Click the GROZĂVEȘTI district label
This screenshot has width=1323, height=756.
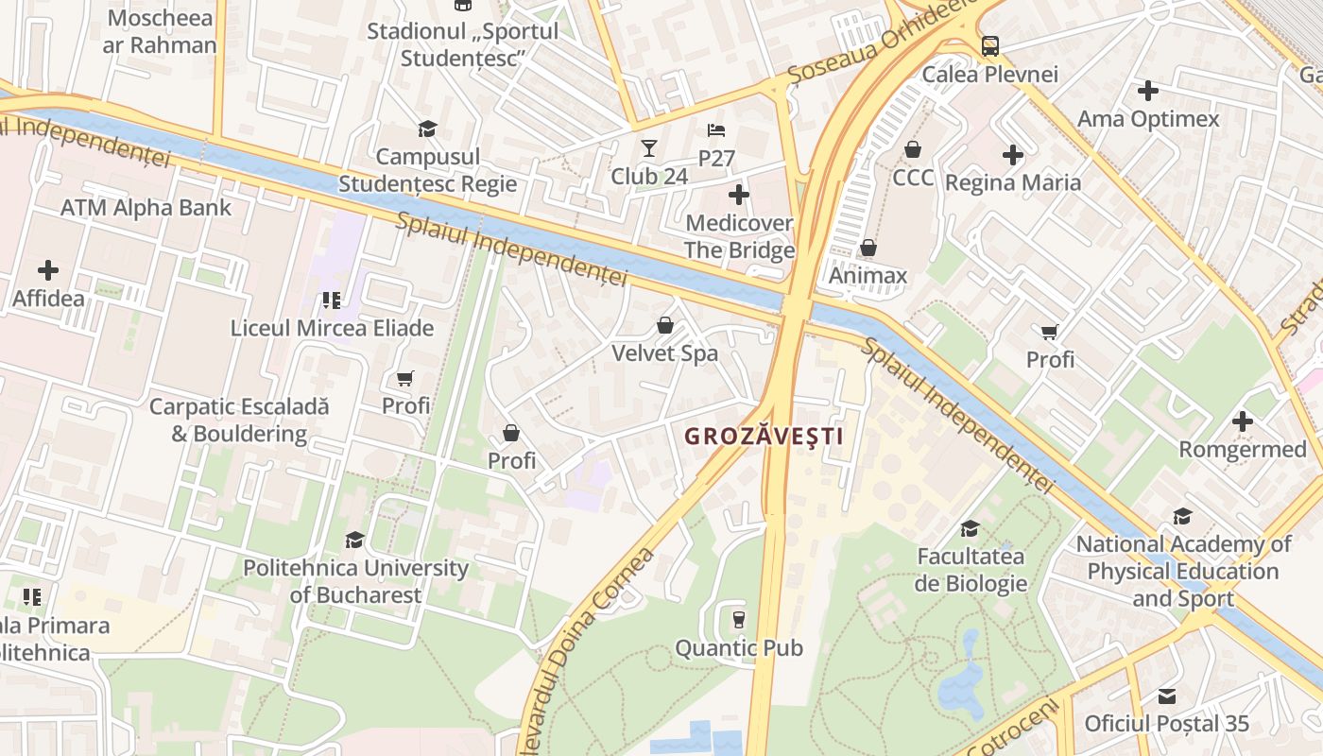764,437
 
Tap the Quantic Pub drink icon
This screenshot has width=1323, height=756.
739,619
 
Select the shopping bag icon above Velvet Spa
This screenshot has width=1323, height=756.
665,326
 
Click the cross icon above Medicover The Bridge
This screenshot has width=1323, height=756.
739,196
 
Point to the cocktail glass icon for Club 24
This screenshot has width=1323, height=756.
648,148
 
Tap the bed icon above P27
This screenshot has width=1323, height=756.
716,130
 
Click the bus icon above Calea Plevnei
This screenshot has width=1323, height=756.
989,45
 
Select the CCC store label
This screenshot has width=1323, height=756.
913,178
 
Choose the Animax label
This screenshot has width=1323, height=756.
868,276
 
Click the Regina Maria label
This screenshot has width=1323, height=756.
1013,182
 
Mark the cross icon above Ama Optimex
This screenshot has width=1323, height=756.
1148,91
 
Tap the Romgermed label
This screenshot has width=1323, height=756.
1242,450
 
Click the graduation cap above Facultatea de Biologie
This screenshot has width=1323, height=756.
970,528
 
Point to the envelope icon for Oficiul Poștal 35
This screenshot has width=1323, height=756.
1167,696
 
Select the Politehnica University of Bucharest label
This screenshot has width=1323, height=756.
355,581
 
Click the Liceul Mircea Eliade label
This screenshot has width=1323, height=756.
333,328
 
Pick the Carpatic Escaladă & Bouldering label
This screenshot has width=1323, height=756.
240,421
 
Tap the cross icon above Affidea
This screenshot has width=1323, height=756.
48,270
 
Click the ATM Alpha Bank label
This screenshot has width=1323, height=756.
146,208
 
